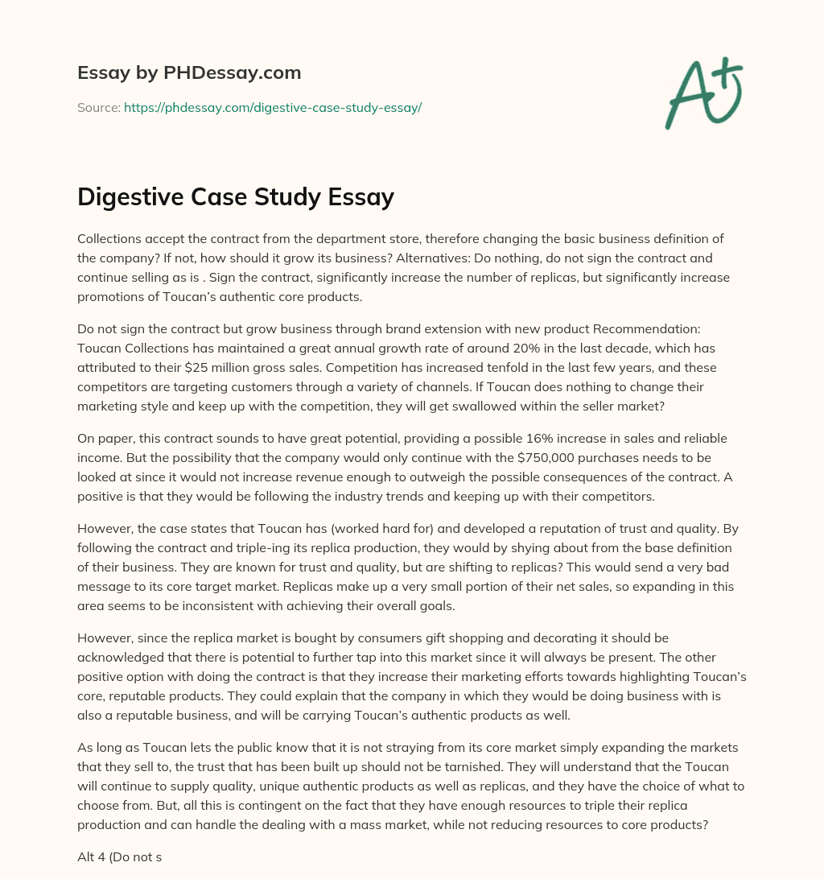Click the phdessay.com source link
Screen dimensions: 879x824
(x=273, y=107)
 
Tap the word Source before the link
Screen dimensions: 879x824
(x=98, y=107)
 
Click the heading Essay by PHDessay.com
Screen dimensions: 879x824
(x=189, y=72)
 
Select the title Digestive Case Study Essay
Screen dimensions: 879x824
(x=236, y=196)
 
